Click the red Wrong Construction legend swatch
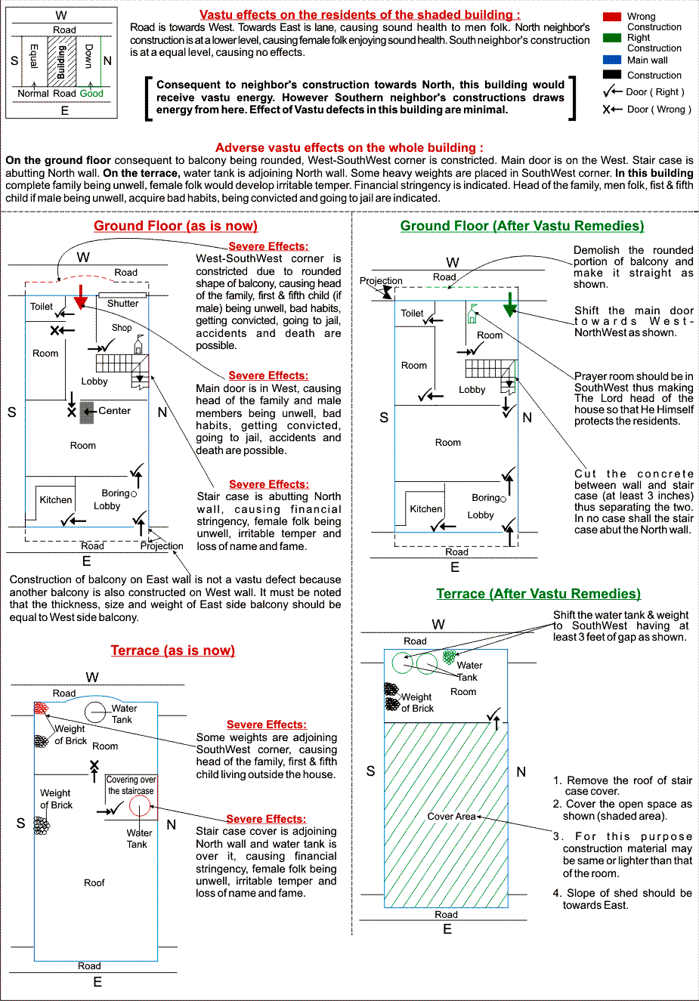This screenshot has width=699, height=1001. (x=611, y=17)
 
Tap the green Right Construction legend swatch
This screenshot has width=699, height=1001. (x=611, y=38)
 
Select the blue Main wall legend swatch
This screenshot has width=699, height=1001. (x=611, y=60)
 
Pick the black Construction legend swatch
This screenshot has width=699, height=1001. (x=611, y=75)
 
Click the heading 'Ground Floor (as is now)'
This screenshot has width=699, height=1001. (x=175, y=226)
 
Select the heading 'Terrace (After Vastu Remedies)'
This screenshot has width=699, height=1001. (x=538, y=594)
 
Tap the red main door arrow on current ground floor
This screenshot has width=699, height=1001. (x=80, y=297)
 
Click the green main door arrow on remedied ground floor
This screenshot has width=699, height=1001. (x=510, y=304)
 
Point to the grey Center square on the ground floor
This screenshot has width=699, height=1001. (x=87, y=412)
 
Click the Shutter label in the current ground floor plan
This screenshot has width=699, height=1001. (x=123, y=304)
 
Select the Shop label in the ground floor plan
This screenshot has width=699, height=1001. (x=122, y=328)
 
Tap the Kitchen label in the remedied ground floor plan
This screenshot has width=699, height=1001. (x=426, y=508)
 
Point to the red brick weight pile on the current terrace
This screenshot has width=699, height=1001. (x=41, y=708)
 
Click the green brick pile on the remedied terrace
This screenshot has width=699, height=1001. (x=449, y=657)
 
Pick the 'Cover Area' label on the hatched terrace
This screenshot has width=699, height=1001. (x=451, y=817)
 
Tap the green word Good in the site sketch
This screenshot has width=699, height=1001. (x=91, y=94)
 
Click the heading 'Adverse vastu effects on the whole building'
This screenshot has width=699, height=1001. (x=349, y=147)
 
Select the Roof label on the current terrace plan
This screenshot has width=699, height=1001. (x=94, y=882)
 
